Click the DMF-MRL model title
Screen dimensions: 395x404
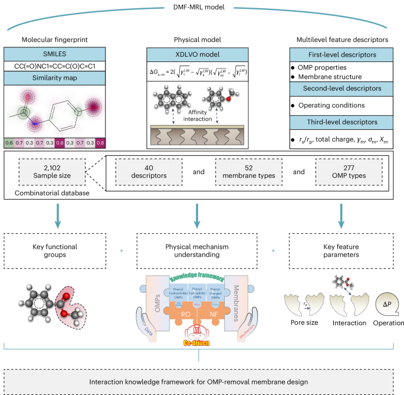tap(201, 7)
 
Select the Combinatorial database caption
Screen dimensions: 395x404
tap(41, 193)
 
